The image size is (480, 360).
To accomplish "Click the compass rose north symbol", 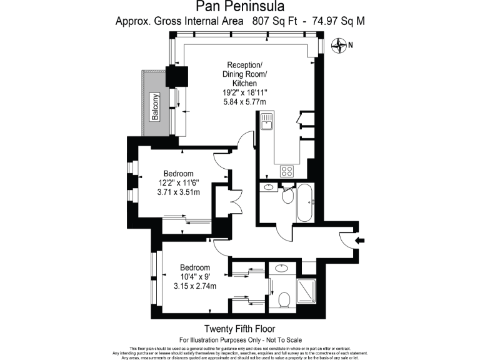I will click(339, 44).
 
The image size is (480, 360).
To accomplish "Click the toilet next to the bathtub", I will click(288, 194).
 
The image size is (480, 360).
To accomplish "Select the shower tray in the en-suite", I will click(306, 291).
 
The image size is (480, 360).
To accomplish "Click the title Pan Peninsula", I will click(239, 7).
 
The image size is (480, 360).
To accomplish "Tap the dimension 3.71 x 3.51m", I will click(178, 192).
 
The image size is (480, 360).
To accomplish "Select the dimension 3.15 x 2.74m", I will click(195, 286).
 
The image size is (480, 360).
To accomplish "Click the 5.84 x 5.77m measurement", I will click(245, 102).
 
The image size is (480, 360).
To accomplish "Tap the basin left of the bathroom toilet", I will click(268, 187).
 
